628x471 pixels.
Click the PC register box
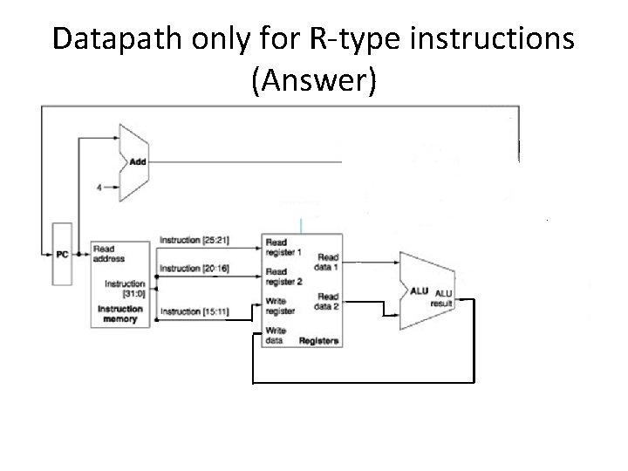click(x=61, y=254)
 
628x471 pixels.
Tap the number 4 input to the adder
click(x=99, y=185)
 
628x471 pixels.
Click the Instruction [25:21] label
click(x=195, y=239)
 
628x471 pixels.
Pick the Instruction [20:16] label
click(x=195, y=268)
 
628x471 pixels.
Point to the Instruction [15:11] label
click(x=195, y=311)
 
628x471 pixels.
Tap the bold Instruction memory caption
click(x=120, y=314)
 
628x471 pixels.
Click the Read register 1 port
click(x=283, y=247)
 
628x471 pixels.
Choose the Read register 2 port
click(x=283, y=276)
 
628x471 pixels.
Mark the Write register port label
click(x=280, y=306)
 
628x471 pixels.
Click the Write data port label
click(x=276, y=336)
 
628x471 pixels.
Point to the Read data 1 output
click(x=328, y=262)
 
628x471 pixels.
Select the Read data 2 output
click(x=328, y=301)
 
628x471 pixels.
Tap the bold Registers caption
click(x=318, y=341)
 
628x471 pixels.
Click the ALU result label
click(x=444, y=298)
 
